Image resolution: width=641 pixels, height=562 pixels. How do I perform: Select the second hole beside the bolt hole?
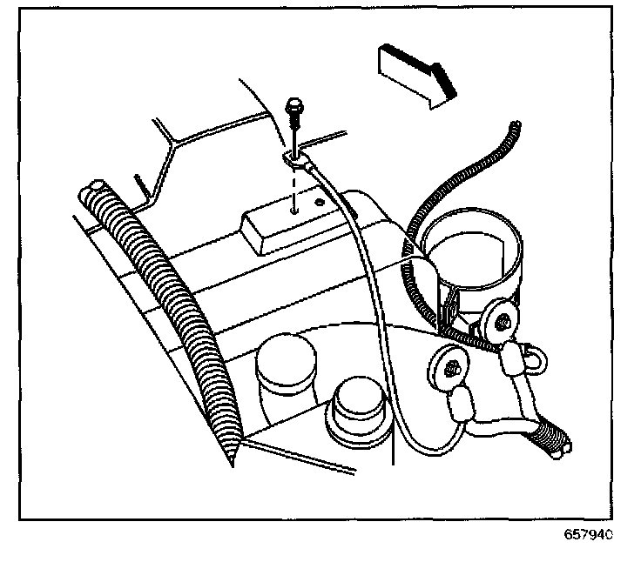(320, 203)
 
